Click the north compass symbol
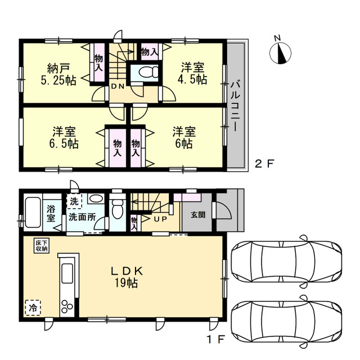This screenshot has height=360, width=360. click(280, 53)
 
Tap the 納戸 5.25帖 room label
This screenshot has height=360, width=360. click(58, 74)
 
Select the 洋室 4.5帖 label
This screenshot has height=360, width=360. click(192, 73)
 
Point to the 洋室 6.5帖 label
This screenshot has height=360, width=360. click(64, 137)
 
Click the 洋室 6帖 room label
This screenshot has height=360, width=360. click(184, 137)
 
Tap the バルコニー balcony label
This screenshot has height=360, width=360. click(235, 106)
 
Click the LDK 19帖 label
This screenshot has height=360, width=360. click(127, 277)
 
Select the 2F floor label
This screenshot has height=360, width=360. click(264, 164)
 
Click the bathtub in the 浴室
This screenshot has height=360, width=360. click(33, 212)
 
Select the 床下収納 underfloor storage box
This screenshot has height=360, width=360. click(42, 246)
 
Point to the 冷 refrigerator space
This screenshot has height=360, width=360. click(33, 308)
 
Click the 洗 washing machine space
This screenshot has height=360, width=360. click(74, 201)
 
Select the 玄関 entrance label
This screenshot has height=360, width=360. click(198, 215)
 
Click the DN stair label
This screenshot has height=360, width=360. click(118, 87)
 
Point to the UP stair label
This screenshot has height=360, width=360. click(160, 219)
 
